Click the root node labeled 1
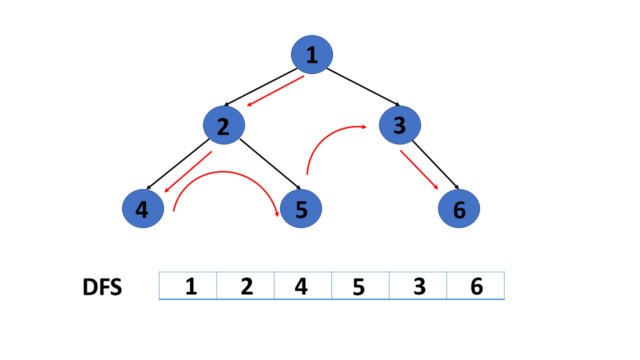[x=311, y=54]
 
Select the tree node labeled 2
[x=223, y=125]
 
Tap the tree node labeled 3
[x=399, y=125]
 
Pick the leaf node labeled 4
[x=143, y=208]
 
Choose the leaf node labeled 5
[x=301, y=208]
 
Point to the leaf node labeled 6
[x=459, y=208]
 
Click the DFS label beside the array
[x=102, y=286]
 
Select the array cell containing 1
[x=188, y=285]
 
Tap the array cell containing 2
[x=245, y=285]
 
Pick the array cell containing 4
[x=303, y=285]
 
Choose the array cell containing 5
[x=360, y=285]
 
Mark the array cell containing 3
[x=418, y=285]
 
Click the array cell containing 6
[x=475, y=285]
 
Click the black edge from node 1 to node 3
[x=363, y=87]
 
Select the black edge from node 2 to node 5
[x=270, y=164]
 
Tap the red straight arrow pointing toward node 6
[x=419, y=169]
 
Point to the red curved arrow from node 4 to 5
[x=223, y=171]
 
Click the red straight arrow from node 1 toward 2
[x=275, y=91]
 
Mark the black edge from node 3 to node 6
[x=435, y=165]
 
